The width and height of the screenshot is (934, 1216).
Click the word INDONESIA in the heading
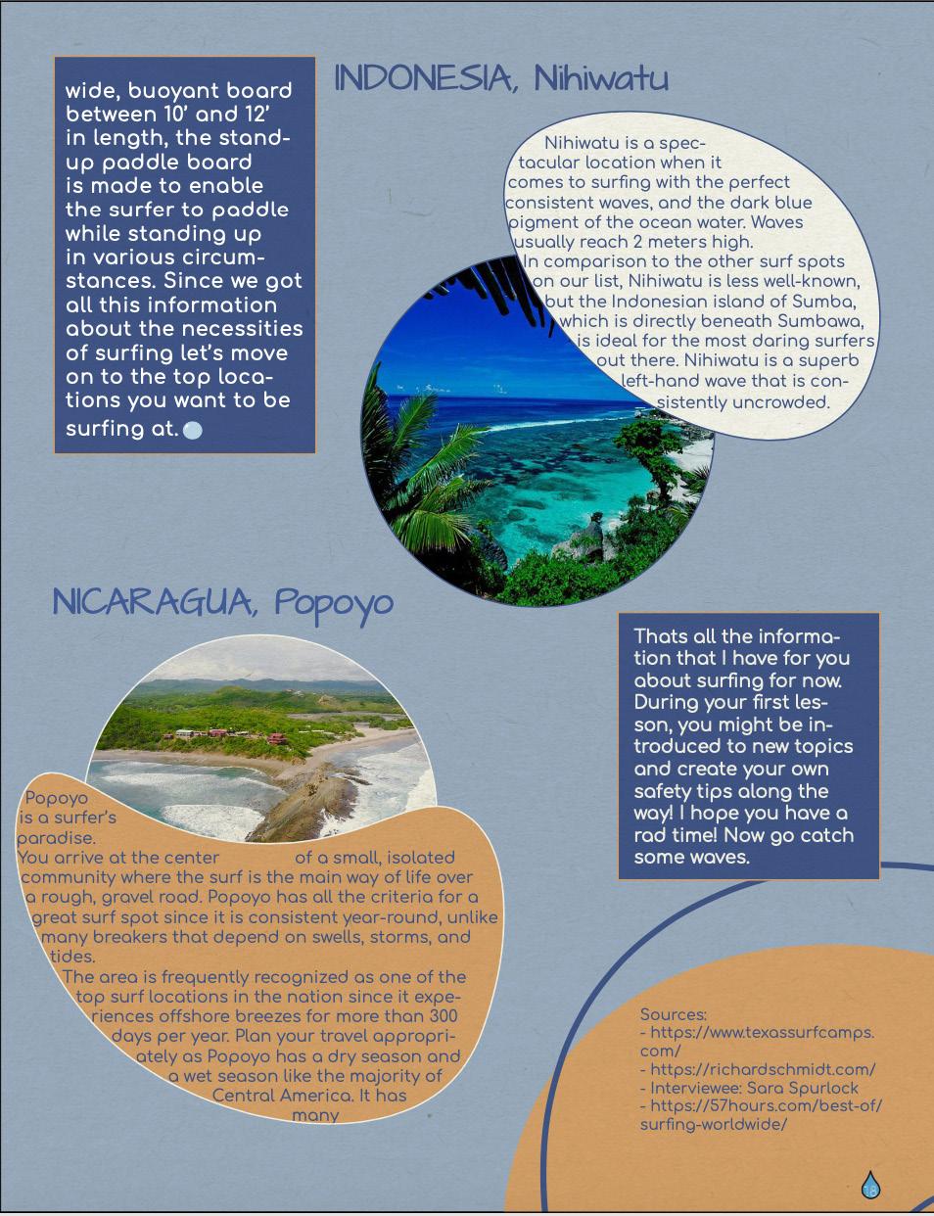[x=423, y=78]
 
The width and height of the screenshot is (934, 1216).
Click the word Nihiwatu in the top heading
[x=600, y=78]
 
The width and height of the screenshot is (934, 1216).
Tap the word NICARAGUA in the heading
[x=152, y=602]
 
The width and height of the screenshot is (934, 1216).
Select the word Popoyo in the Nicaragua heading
[x=333, y=603]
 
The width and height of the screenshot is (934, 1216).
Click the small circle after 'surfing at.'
[x=193, y=430]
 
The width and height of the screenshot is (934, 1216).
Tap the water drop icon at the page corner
[x=870, y=1186]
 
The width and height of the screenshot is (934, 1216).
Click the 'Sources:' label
[x=673, y=1014]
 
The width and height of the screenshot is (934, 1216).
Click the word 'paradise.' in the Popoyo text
[x=57, y=838]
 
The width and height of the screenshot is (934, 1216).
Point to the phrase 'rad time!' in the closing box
[x=678, y=835]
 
